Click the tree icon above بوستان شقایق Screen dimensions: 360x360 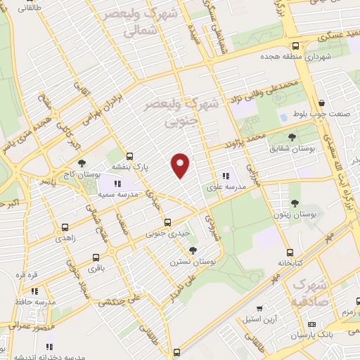(x=292, y=137)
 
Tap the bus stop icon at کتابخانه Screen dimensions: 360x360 (x=289, y=252)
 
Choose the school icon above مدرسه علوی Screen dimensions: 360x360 (x=225, y=176)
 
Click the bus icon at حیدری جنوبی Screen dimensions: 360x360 (x=167, y=222)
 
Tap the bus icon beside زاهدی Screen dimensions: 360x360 (x=65, y=228)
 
